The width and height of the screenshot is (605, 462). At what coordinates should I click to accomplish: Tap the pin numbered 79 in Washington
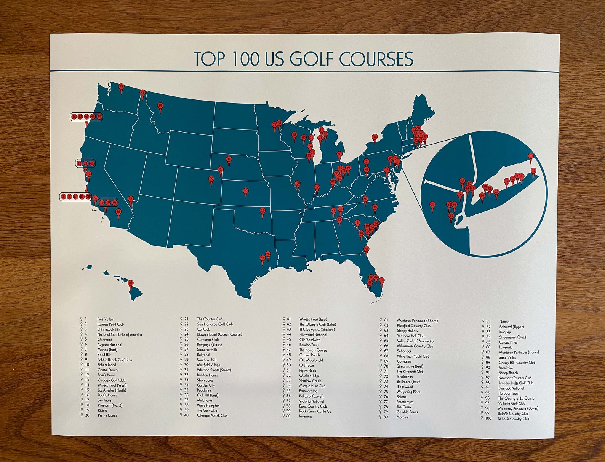point(122,87)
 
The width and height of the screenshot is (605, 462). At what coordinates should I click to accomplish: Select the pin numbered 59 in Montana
point(160,106)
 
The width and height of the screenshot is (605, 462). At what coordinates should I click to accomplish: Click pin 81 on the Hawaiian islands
point(130,283)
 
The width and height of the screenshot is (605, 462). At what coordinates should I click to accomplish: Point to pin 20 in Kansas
point(246,190)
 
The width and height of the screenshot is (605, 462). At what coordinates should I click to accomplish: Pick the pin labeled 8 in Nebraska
point(229,159)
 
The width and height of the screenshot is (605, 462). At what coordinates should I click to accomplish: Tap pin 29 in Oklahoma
point(262,211)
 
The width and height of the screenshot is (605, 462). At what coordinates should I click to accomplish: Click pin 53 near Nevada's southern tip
point(131,199)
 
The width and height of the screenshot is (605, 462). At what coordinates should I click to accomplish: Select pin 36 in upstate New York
point(375,137)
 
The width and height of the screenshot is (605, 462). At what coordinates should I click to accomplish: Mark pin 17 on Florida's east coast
point(382,280)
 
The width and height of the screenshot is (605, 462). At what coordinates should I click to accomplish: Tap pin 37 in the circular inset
point(533,171)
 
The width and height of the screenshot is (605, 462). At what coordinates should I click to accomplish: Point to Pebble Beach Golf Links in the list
point(115,360)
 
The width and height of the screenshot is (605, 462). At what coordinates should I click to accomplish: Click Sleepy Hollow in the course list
point(407,331)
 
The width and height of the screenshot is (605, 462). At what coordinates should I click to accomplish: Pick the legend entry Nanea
point(504,322)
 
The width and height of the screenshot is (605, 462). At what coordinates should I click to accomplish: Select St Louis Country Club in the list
point(513,419)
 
